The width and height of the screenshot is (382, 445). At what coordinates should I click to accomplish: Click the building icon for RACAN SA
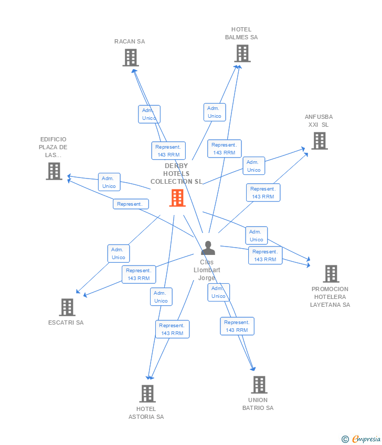point(130,58)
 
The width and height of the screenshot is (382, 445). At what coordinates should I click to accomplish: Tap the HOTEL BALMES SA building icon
point(242,53)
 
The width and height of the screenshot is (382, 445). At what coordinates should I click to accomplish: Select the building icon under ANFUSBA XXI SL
point(319,141)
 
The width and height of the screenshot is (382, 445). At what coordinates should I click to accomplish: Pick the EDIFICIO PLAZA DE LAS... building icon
point(54,171)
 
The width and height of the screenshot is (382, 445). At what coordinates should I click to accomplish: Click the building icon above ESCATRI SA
point(67,307)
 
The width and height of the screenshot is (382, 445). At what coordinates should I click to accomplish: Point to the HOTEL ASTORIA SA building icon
point(147,394)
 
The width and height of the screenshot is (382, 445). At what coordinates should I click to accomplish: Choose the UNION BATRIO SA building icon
point(259,385)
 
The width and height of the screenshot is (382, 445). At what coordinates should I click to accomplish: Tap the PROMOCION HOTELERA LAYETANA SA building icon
point(331,274)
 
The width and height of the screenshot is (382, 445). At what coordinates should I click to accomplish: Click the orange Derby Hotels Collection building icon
point(177,198)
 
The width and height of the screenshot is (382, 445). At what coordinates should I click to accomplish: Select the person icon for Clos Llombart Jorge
point(208,248)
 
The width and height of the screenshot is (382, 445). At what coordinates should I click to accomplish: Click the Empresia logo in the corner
point(366,439)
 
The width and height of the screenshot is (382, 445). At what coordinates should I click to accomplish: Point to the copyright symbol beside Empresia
point(345,439)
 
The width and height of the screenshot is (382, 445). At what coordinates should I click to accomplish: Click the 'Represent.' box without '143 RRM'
point(131,204)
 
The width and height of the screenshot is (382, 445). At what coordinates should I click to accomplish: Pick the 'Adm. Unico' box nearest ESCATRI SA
point(119,253)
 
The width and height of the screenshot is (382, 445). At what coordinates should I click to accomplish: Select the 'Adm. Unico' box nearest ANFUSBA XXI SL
point(254,166)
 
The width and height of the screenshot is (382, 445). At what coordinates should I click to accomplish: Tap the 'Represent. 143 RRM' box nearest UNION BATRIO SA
point(237,326)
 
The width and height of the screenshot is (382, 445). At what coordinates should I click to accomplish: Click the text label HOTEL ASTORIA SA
point(146,413)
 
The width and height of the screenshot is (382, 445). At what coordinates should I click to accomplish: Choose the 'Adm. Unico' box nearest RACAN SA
point(149,114)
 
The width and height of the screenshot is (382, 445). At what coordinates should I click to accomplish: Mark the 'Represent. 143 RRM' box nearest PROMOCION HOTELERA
point(265,255)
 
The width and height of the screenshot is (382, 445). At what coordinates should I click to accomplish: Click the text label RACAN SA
point(130,41)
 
